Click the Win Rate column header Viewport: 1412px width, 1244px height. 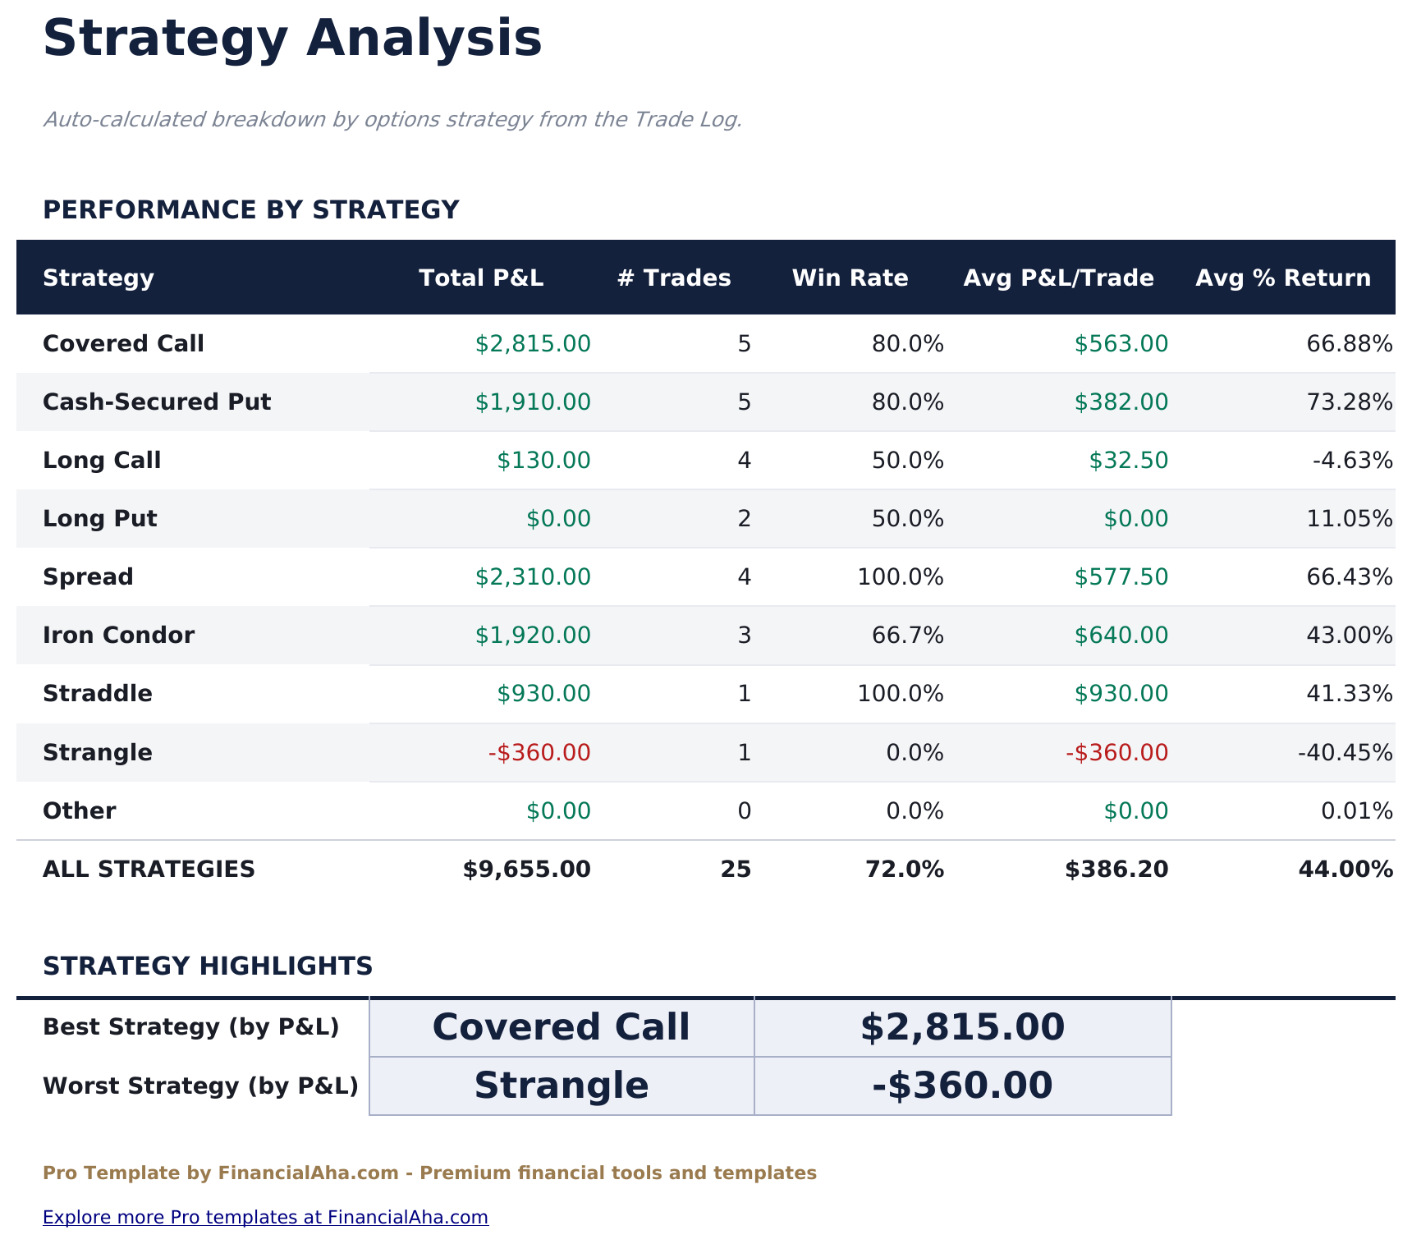(850, 278)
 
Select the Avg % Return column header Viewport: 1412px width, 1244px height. (1283, 278)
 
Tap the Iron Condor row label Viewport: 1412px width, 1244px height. (119, 636)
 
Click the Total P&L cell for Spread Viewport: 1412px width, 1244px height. (533, 577)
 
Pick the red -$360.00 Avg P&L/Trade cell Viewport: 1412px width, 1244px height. (1117, 753)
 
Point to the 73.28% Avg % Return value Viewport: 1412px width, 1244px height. (1350, 402)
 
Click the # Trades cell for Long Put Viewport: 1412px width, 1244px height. (744, 519)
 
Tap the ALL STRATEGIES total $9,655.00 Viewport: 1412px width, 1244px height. (526, 870)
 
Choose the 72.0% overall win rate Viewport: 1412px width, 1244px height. (905, 870)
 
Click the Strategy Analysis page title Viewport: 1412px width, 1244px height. (292, 39)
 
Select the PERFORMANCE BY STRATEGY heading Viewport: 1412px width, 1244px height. (250, 210)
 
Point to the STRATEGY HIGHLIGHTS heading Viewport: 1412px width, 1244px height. (208, 966)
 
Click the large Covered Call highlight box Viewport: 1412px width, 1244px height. (562, 1027)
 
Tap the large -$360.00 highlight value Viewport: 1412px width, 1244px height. (962, 1086)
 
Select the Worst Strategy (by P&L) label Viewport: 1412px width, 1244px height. (200, 1086)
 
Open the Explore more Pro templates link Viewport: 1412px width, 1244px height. (265, 1217)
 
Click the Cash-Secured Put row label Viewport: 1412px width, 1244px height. (157, 402)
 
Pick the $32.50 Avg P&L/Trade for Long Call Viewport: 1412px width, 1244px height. (1128, 461)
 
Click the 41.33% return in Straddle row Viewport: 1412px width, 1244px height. (1350, 695)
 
